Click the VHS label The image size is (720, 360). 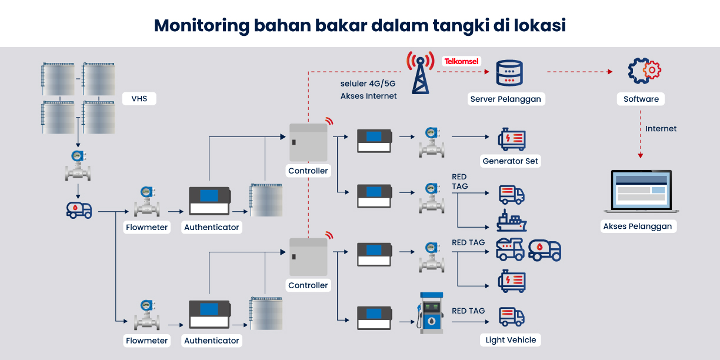pyautogui.click(x=139, y=99)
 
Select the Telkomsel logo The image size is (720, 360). pyautogui.click(x=462, y=61)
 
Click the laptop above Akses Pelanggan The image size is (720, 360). pyautogui.click(x=641, y=192)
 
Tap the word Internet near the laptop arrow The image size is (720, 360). pyautogui.click(x=661, y=129)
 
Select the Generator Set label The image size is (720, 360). pyautogui.click(x=510, y=161)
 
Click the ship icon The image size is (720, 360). pyautogui.click(x=511, y=221)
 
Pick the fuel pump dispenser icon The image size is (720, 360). pyautogui.click(x=431, y=313)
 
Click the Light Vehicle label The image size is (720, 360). pyautogui.click(x=511, y=340)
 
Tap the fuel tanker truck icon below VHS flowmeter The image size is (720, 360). pyautogui.click(x=79, y=209)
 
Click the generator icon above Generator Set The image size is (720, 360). pyautogui.click(x=511, y=139)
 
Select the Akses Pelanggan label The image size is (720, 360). pyautogui.click(x=637, y=226)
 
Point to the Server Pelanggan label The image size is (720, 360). pyautogui.click(x=505, y=99)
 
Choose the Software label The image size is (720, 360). pyautogui.click(x=641, y=99)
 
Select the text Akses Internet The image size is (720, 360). pyautogui.click(x=368, y=96)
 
